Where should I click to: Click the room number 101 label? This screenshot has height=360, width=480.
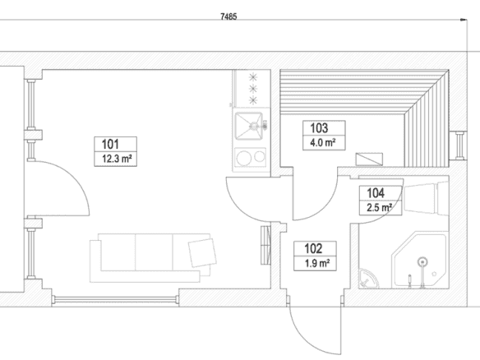[110, 144]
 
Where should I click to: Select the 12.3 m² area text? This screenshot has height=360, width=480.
[117, 159]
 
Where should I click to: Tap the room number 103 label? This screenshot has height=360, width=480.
[319, 128]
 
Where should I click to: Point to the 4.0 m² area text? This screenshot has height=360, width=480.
[322, 143]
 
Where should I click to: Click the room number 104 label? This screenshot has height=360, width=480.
[376, 193]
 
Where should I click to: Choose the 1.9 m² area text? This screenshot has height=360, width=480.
[317, 263]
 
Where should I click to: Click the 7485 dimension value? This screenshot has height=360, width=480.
[228, 16]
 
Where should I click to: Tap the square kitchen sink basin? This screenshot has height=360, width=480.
[248, 126]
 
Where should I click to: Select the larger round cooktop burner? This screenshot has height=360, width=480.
[244, 158]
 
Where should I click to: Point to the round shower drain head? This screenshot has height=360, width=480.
[422, 261]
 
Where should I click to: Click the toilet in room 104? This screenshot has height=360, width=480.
[426, 197]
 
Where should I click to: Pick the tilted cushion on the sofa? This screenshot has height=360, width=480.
[202, 252]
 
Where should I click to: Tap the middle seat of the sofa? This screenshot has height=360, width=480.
[154, 252]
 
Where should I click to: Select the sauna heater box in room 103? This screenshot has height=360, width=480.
[369, 159]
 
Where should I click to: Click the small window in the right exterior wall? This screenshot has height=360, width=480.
[459, 145]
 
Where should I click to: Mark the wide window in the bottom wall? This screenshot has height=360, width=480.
[115, 299]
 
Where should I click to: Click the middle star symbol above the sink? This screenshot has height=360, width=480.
[253, 89]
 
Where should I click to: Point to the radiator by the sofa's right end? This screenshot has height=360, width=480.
[265, 245]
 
